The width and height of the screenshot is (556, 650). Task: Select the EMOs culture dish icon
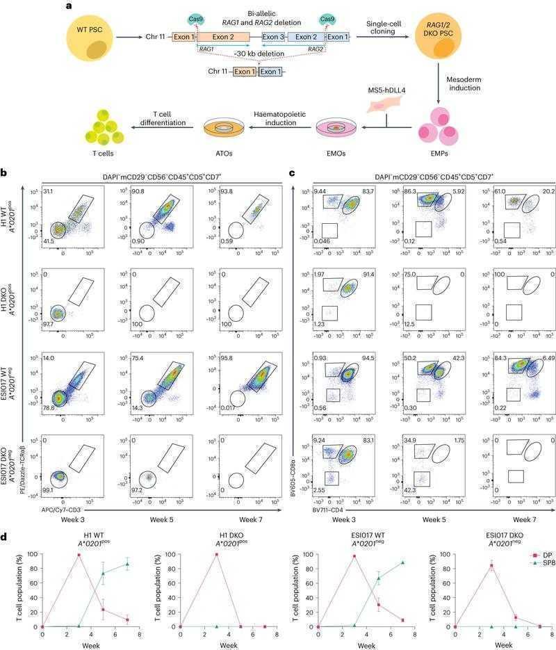(336, 127)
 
